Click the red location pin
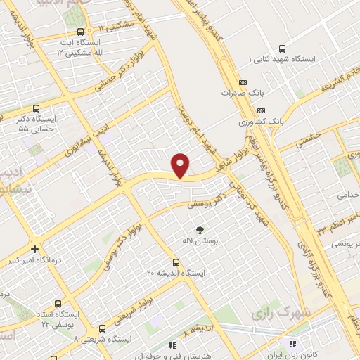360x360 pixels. click(x=181, y=165)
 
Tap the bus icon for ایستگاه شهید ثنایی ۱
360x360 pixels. click(x=282, y=49)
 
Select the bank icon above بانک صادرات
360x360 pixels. click(x=243, y=82)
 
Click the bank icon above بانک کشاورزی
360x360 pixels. click(x=262, y=110)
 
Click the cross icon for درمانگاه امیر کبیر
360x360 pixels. click(x=35, y=249)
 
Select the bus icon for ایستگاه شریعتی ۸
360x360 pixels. click(x=103, y=328)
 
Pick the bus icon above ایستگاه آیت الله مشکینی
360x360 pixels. click(x=79, y=32)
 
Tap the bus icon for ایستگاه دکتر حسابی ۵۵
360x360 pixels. click(x=16, y=108)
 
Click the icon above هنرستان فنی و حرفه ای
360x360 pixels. click(x=172, y=345)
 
